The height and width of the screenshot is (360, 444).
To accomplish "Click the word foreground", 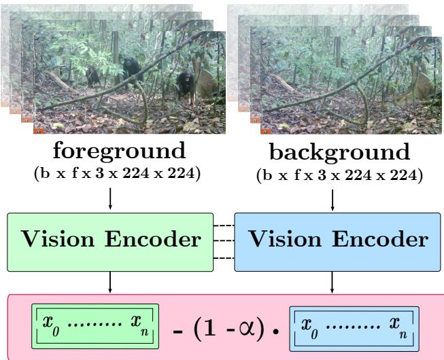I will pos(110,149).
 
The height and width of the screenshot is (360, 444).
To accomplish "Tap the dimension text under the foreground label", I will pos(110,170).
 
